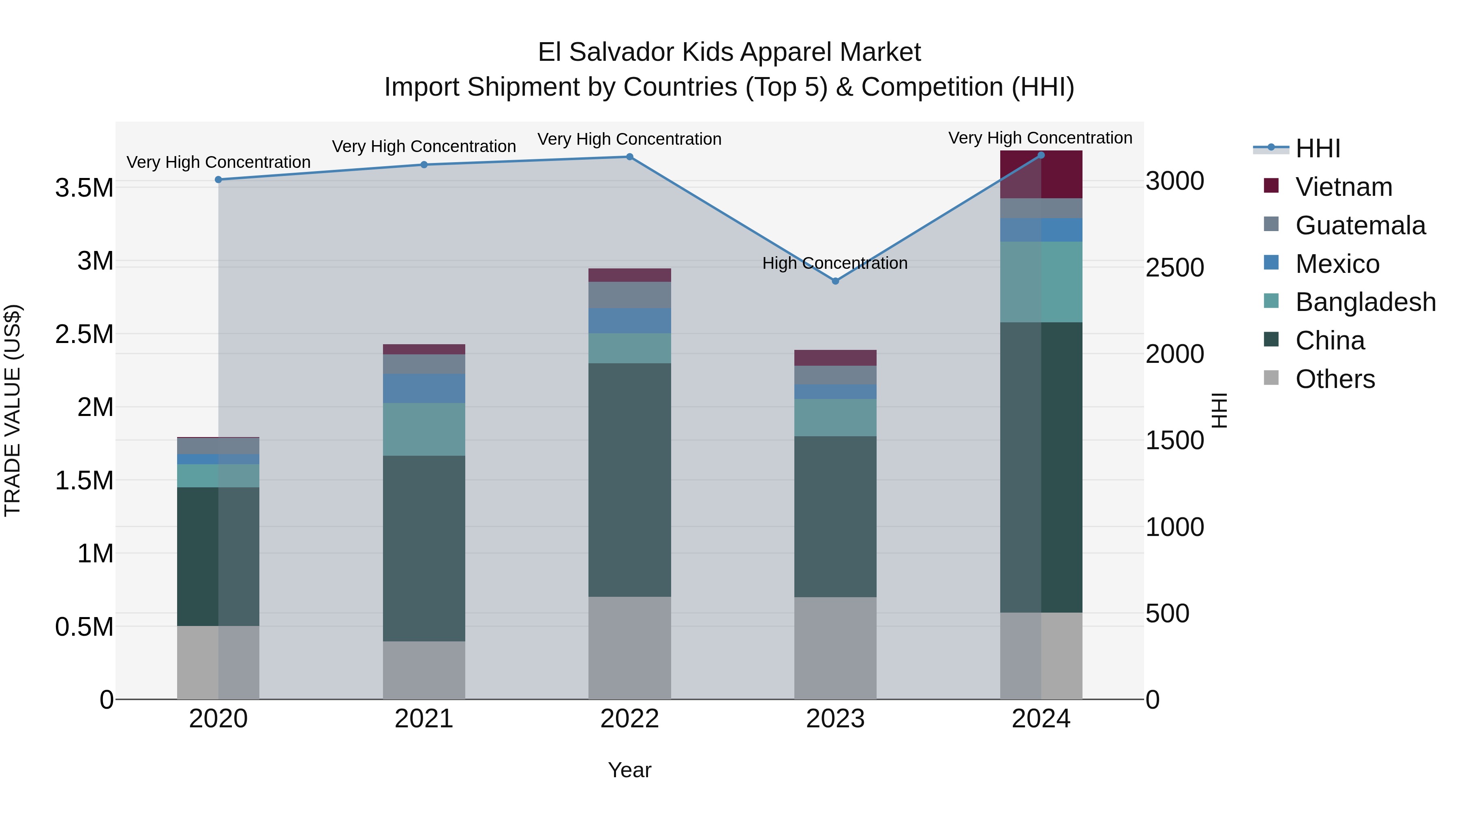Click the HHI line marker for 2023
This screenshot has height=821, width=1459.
tap(835, 281)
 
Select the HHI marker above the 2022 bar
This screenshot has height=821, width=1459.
tap(629, 157)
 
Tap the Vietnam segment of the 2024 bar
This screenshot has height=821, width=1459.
tap(1041, 174)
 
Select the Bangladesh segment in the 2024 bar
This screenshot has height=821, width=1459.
tap(1041, 282)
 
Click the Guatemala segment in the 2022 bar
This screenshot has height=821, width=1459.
tap(629, 295)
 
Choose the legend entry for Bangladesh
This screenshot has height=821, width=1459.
tap(1365, 302)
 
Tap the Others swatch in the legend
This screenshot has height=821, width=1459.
tap(1271, 378)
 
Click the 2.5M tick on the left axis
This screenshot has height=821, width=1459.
tap(84, 334)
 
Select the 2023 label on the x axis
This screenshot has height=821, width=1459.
tap(835, 719)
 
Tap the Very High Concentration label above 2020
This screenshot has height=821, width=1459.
tap(218, 162)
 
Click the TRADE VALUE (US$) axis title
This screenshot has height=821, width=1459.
tap(13, 410)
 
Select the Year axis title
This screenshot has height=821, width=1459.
tap(629, 770)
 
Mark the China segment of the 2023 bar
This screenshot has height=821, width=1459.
tap(835, 516)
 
